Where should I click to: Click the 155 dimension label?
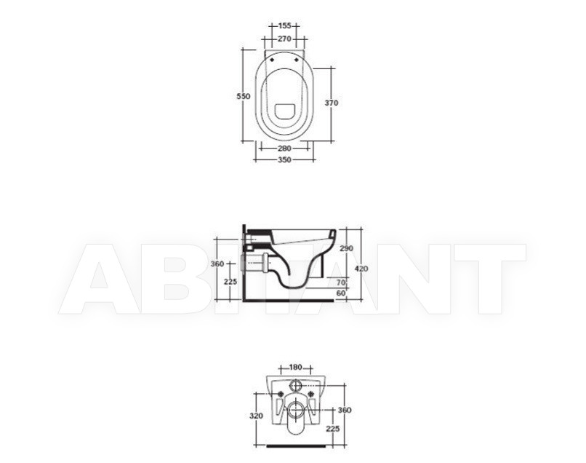tap(285, 25)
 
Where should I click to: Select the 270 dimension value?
tap(284, 39)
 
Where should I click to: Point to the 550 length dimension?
tap(244, 96)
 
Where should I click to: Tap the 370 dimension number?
tap(331, 103)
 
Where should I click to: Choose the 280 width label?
tap(284, 149)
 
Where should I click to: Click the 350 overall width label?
tap(284, 160)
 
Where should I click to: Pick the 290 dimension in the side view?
tap(347, 248)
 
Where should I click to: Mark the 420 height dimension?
tap(361, 269)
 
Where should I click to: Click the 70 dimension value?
tap(341, 282)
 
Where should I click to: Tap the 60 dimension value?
tap(341, 293)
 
